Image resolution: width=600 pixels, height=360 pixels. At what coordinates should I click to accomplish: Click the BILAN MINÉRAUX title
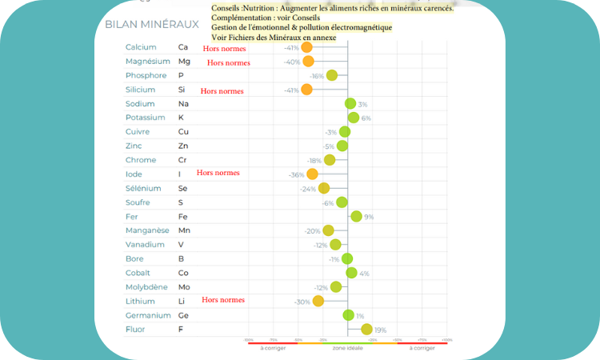click(x=152, y=24)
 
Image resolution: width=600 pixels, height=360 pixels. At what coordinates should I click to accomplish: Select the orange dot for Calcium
click(x=306, y=47)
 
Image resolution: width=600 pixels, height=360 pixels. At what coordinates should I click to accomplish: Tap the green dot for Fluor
click(x=366, y=329)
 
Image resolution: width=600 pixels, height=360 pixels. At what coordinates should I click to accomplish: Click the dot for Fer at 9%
click(x=356, y=216)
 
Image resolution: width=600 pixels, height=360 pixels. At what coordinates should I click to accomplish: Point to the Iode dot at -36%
click(x=312, y=174)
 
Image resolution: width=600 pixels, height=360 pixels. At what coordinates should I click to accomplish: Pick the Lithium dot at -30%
click(x=318, y=301)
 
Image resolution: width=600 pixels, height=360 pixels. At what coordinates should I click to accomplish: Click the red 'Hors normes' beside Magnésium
click(x=229, y=62)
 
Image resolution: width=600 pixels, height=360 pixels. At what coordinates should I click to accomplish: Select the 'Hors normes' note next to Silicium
click(x=222, y=91)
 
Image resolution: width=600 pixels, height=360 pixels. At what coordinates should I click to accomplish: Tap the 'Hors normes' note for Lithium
click(x=223, y=300)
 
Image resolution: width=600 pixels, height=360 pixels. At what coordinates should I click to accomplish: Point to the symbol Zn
click(x=182, y=146)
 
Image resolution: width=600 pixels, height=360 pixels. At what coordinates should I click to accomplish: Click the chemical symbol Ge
click(x=183, y=315)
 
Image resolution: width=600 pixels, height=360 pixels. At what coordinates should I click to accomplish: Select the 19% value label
click(x=381, y=330)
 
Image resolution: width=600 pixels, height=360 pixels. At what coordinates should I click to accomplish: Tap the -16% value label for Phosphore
click(x=317, y=76)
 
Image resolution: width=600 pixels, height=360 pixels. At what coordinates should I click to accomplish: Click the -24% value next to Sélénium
click(x=308, y=189)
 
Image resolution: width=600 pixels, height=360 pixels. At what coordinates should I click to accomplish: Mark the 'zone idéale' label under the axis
click(x=346, y=348)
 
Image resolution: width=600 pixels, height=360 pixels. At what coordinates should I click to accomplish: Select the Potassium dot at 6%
click(x=353, y=118)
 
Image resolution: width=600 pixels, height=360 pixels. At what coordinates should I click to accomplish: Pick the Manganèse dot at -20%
click(x=328, y=230)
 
